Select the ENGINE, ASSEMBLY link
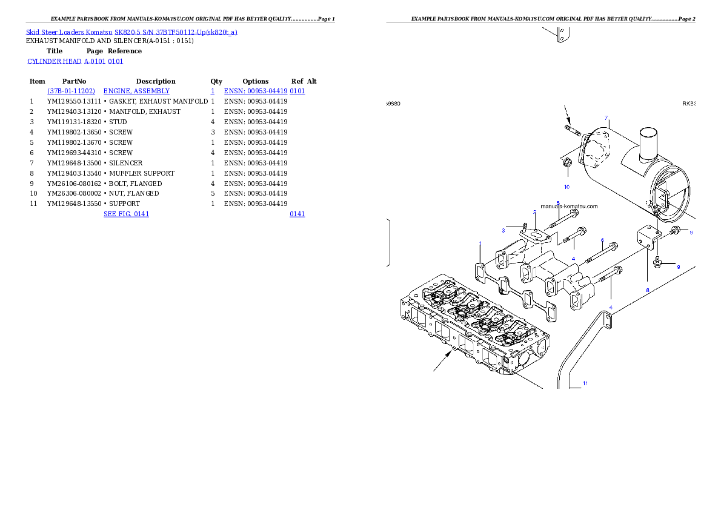136,91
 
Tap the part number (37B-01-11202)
71,91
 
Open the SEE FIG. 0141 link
126,214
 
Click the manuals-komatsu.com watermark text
568,206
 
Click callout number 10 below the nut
566,187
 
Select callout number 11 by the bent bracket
585,383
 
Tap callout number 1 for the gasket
480,243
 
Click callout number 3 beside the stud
503,230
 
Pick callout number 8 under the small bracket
647,290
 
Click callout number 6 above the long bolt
602,240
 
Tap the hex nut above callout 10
568,164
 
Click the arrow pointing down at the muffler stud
568,113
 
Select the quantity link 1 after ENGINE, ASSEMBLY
212,91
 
